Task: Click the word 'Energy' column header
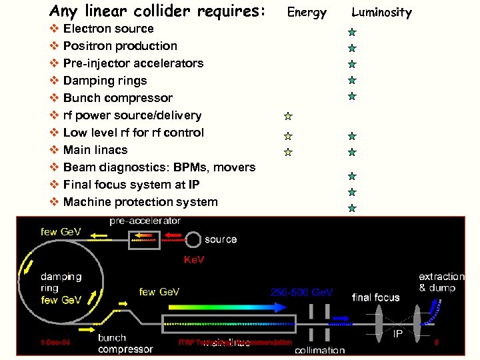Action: coord(307,12)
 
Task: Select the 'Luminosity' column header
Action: coord(381,12)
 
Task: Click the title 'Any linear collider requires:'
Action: coord(157,11)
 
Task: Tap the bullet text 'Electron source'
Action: coord(108,29)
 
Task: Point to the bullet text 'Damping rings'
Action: coord(105,81)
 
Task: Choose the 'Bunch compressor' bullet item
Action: coord(117,98)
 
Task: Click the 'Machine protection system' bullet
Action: coord(140,202)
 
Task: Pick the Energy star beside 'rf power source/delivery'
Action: coord(288,116)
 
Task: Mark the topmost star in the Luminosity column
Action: coord(351,32)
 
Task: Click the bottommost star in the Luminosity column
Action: coord(351,208)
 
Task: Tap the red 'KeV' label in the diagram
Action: coord(194,259)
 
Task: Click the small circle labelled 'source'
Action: coord(194,239)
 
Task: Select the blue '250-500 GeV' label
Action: coord(301,292)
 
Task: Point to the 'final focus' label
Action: coord(376,297)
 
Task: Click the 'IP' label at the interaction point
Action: coord(397,333)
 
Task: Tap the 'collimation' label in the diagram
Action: coord(320,350)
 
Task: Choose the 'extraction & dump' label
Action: coord(441,282)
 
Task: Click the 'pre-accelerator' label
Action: coord(145,221)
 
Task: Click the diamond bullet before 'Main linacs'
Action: coord(54,150)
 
